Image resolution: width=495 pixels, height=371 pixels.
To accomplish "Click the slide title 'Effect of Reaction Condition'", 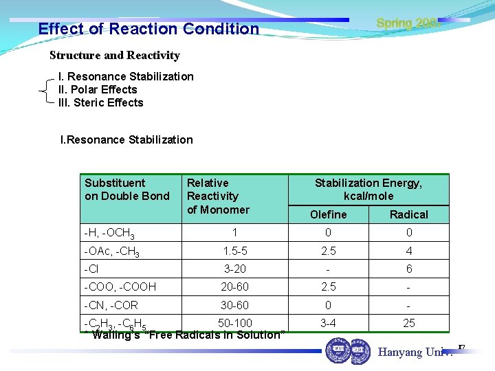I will pos(148,29).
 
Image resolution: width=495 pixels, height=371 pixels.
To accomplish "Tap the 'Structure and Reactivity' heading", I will pos(115,56).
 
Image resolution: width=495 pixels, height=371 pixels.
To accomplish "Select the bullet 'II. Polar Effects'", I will pos(98,89).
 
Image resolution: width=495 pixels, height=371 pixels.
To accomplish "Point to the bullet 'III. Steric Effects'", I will pos(100,102).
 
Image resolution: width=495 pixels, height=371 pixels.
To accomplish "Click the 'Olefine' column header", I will pos(329,214).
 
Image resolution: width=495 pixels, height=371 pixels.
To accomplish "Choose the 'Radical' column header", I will pos(408,214).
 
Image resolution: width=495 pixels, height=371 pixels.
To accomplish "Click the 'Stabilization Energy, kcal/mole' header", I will pos(368,189).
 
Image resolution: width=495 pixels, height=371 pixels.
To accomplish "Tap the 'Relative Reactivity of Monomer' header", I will pos(218,196).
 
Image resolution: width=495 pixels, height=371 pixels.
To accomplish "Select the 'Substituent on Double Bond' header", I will pos(126,189).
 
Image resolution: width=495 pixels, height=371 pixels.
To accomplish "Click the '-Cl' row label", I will pos(91,269).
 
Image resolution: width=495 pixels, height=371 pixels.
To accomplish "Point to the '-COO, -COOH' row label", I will pos(120,287).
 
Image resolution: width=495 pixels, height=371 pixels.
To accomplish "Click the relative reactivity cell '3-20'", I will pos(234,269).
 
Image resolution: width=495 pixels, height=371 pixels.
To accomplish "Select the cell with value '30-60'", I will pos(234,305).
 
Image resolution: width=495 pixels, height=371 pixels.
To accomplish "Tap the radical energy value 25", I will pos(409,323).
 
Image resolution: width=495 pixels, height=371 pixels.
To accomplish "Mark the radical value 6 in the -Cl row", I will pos(409,269).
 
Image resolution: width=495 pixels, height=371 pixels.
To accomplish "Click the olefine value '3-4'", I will pos(329,323).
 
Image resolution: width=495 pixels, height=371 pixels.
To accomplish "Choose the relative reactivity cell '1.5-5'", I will pos(234,251).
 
